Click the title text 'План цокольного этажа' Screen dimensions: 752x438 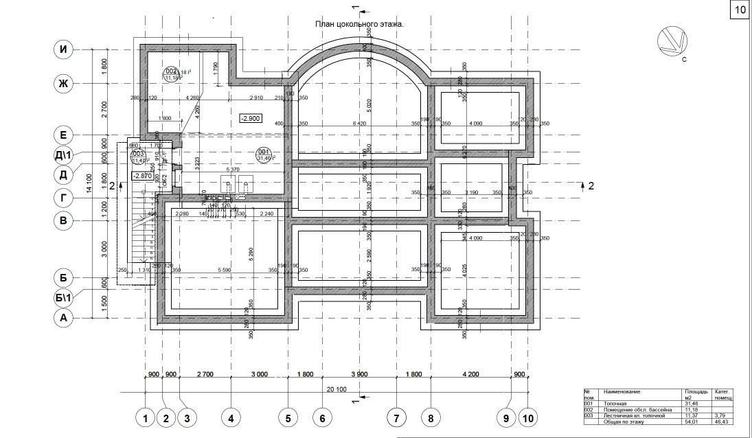click(x=359, y=23)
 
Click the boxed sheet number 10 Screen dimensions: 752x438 click(x=740, y=10)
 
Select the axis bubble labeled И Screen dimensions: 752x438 click(x=64, y=49)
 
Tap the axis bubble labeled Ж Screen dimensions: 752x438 click(x=64, y=84)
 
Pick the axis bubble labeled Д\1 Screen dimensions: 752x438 click(x=64, y=156)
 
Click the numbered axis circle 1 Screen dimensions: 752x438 click(x=145, y=417)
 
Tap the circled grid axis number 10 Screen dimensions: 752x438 click(x=527, y=417)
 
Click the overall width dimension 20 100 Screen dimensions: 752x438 click(x=336, y=389)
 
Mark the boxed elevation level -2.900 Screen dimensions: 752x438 click(x=249, y=118)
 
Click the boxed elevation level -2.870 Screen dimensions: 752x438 click(x=141, y=176)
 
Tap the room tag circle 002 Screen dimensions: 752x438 click(x=172, y=71)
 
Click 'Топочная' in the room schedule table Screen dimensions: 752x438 click(x=617, y=403)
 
